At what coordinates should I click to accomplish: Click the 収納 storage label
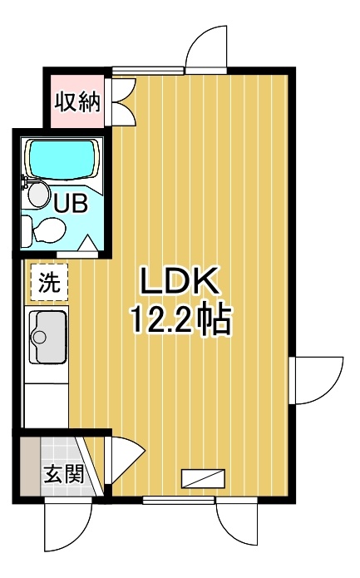pyautogui.click(x=77, y=102)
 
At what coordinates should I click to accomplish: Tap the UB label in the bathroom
pyautogui.click(x=71, y=202)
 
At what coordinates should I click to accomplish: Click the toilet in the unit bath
pyautogui.click(x=43, y=230)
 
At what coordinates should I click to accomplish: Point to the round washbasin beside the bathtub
pyautogui.click(x=39, y=195)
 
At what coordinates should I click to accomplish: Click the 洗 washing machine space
pyautogui.click(x=49, y=282)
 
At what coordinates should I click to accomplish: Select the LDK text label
pyautogui.click(x=179, y=281)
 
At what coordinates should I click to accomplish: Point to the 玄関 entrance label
pyautogui.click(x=65, y=473)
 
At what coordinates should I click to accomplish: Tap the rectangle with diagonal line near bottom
pyautogui.click(x=203, y=478)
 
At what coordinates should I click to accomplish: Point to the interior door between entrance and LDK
pyautogui.click(x=126, y=460)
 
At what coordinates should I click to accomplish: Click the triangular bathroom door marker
pyautogui.click(x=87, y=243)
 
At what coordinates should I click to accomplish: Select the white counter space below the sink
pyautogui.click(x=47, y=406)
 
